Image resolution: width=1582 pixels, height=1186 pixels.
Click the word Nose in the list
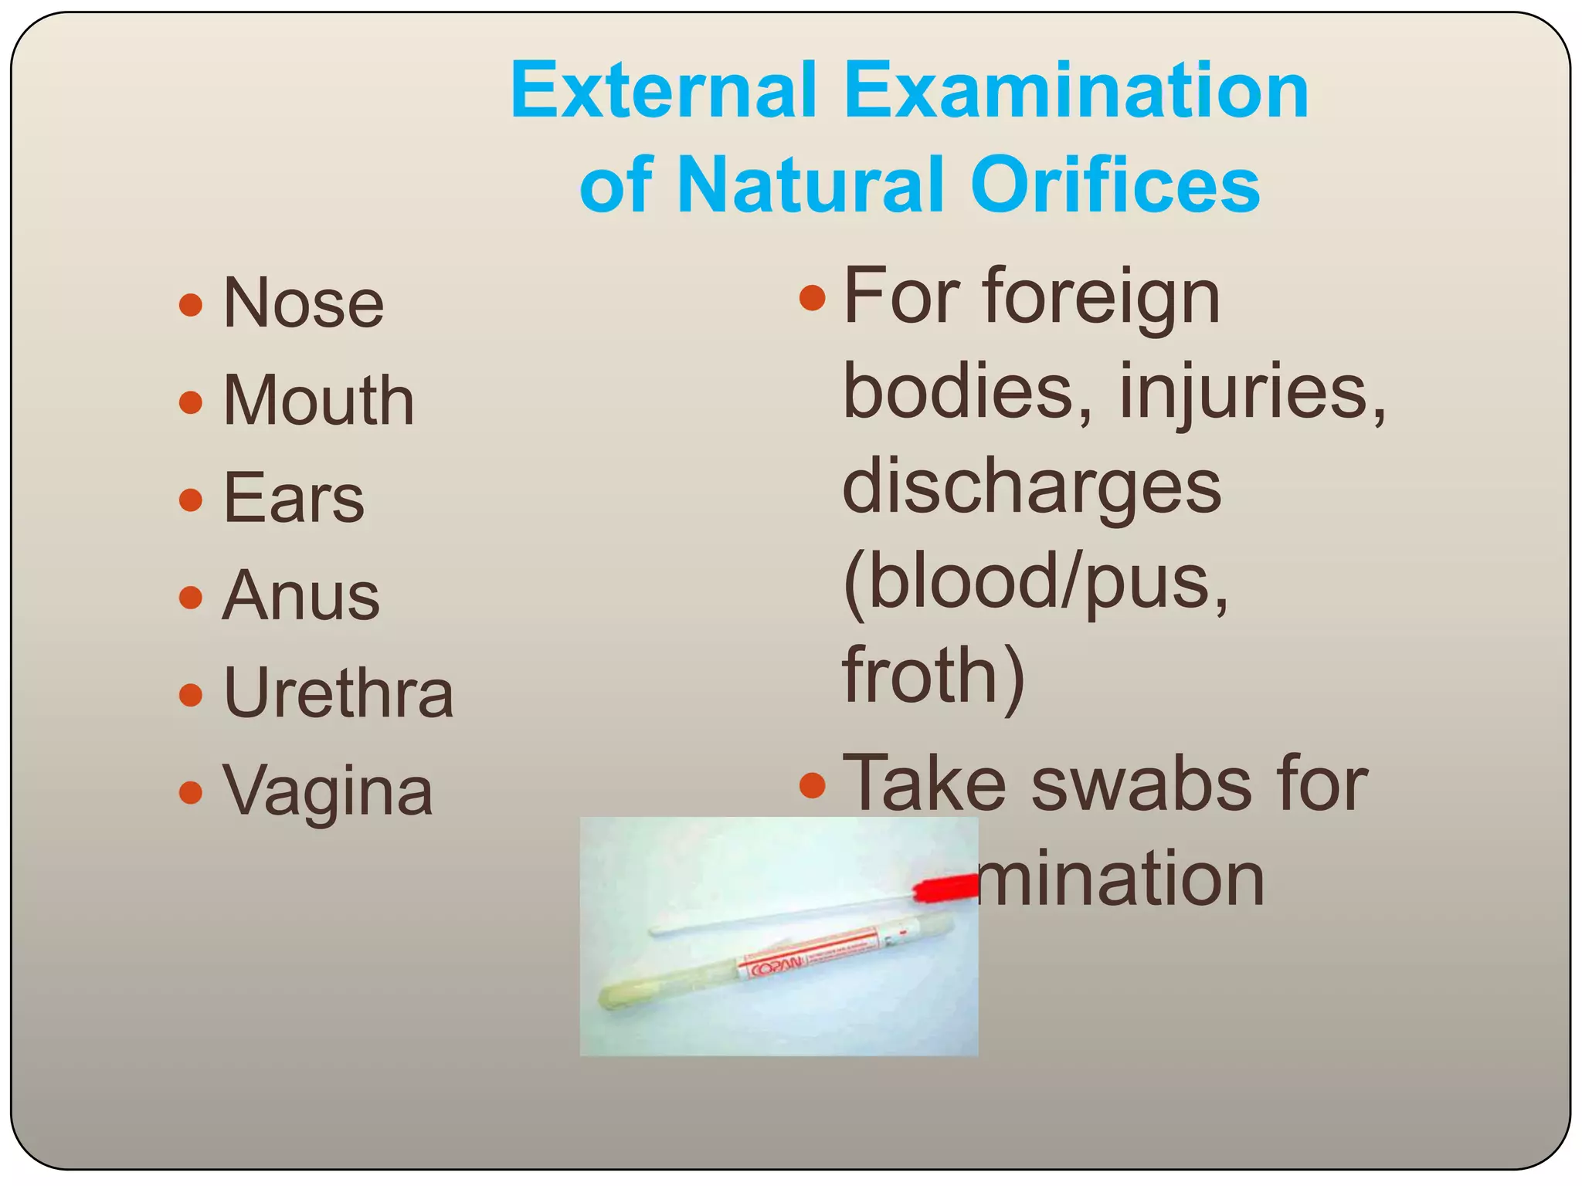click(x=303, y=303)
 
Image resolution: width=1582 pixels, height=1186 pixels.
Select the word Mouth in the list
click(x=318, y=401)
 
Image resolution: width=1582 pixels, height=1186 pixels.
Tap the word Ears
click(x=294, y=498)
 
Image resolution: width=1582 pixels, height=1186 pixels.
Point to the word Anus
click(x=301, y=595)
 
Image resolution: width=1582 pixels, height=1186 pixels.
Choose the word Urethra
click(x=338, y=693)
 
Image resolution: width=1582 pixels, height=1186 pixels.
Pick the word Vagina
click(x=328, y=791)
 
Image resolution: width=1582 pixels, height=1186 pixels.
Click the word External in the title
click(x=663, y=90)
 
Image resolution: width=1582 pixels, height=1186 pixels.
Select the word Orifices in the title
click(x=1115, y=185)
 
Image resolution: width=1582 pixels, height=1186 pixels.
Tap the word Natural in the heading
click(x=810, y=185)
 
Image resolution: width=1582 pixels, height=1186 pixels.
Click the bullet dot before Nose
click(x=190, y=305)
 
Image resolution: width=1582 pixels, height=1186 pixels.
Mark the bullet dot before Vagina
click(x=190, y=792)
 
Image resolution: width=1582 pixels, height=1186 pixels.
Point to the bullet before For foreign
click(x=812, y=297)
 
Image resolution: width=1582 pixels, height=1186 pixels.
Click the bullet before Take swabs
click(x=812, y=785)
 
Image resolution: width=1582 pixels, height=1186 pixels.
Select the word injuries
click(x=1252, y=392)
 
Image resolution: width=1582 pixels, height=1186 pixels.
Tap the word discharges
click(x=1031, y=487)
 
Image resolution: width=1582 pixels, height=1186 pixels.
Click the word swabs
click(x=1146, y=784)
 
